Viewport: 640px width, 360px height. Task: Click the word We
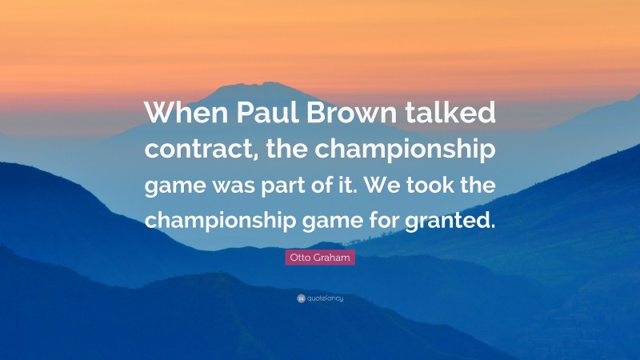(390, 185)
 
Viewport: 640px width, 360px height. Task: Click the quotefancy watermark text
(326, 298)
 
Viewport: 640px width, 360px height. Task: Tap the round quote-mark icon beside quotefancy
(301, 298)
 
